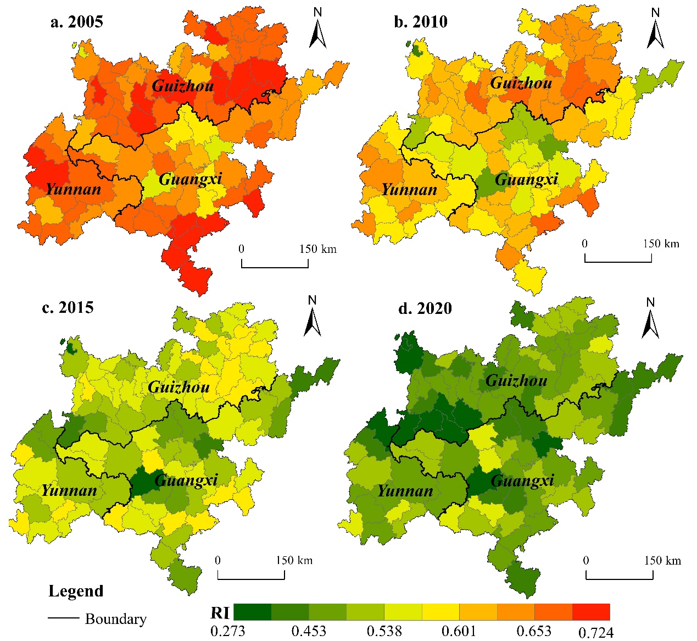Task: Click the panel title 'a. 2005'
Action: click(x=76, y=22)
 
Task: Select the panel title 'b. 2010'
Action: click(x=421, y=22)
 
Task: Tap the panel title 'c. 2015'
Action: click(x=68, y=307)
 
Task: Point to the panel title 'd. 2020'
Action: click(x=425, y=308)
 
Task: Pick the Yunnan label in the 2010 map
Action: click(x=409, y=190)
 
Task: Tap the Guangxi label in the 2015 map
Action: click(x=186, y=480)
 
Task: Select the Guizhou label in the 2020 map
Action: click(x=516, y=380)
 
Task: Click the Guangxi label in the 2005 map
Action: click(x=190, y=179)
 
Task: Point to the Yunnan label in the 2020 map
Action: click(x=405, y=491)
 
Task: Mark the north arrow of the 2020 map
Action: click(x=651, y=319)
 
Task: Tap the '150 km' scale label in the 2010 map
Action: click(x=661, y=244)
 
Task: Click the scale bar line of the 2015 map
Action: click(x=252, y=578)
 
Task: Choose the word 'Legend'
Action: click(x=76, y=592)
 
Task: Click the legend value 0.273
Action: click(x=227, y=631)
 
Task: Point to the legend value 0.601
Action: click(x=459, y=631)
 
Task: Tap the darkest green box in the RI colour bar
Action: click(x=253, y=612)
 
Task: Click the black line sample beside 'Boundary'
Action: click(x=64, y=618)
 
